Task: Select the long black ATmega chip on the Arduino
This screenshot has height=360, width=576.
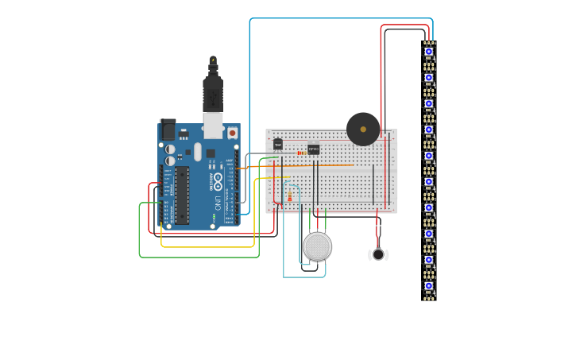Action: pos(182,195)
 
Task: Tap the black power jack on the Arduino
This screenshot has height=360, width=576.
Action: pos(168,130)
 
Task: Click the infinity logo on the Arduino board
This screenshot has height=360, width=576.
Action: pos(217,180)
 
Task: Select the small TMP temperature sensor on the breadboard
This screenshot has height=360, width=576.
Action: pos(277,145)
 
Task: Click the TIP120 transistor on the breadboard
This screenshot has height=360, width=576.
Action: pos(313,148)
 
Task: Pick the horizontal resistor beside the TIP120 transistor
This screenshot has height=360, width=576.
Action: pos(301,153)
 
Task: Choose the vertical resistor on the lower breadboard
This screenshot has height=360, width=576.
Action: pos(289,196)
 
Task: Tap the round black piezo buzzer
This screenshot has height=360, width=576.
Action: pos(363,129)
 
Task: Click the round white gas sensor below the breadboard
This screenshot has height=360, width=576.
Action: pos(317,246)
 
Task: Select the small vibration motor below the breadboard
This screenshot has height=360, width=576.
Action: pos(378,254)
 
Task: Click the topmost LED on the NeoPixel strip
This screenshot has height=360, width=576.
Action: pos(429,52)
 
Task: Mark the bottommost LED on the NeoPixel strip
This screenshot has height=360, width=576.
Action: pos(429,285)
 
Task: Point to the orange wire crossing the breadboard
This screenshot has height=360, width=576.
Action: pos(318,166)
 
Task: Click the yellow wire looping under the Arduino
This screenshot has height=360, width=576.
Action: pos(207,247)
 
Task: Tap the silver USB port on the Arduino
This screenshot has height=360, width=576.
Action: pos(213,125)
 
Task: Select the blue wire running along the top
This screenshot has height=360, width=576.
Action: pos(342,18)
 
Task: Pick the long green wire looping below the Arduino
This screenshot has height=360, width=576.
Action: pos(199,257)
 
